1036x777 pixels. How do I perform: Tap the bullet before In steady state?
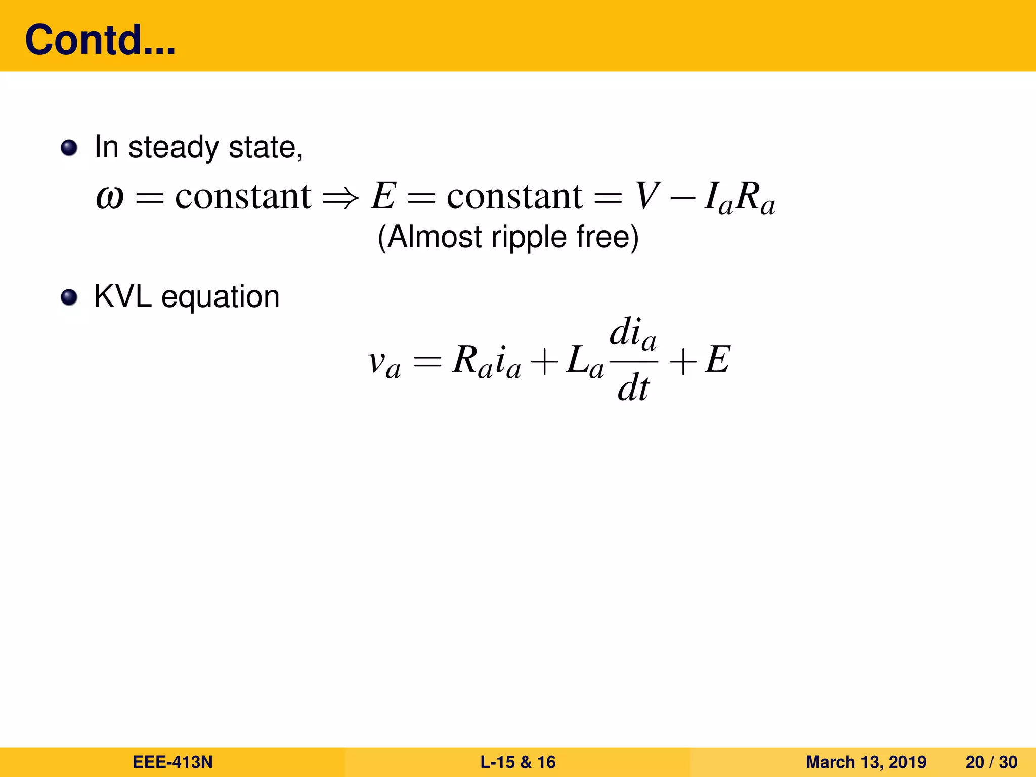(69, 148)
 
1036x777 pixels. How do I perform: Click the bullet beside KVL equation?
(69, 297)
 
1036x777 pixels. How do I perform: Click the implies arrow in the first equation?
(340, 197)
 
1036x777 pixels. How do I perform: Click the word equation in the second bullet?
(220, 297)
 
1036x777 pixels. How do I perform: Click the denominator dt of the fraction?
(633, 388)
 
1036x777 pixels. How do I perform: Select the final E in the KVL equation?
(718, 360)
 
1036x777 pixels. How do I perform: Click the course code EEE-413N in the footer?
(172, 762)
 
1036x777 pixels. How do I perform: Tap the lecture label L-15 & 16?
(517, 762)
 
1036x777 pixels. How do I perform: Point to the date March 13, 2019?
(866, 762)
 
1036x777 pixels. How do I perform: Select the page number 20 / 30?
(991, 762)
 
